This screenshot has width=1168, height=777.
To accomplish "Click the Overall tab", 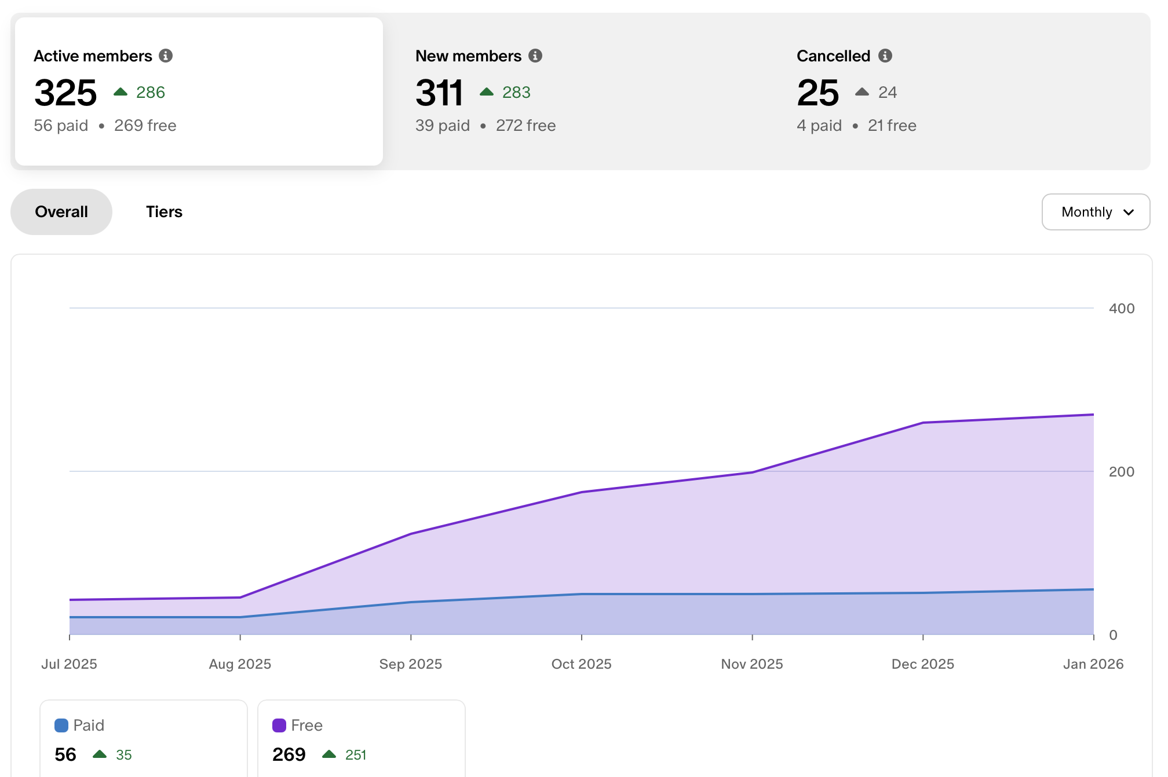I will [x=61, y=212].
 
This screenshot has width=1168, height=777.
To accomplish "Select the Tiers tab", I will [x=164, y=212].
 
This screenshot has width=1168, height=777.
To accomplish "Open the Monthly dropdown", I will [x=1096, y=212].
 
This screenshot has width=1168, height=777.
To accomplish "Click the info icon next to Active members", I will [x=166, y=56].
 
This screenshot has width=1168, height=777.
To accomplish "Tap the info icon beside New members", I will [x=535, y=56].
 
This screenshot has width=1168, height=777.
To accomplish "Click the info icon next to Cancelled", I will [x=885, y=56].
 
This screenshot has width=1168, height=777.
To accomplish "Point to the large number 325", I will [x=65, y=93].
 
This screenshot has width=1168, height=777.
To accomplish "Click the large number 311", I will [x=439, y=93].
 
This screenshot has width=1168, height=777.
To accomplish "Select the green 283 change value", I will [x=516, y=93].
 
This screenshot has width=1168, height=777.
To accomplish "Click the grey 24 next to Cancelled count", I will [x=887, y=93].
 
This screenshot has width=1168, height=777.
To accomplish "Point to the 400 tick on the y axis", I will [x=1121, y=309].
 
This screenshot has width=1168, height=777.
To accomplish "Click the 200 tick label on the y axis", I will [x=1121, y=472].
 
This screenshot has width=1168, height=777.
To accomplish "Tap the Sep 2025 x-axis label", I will [x=410, y=664].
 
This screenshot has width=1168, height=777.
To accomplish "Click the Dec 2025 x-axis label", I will [x=922, y=664].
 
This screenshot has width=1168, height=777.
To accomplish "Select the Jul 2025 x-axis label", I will [x=69, y=664].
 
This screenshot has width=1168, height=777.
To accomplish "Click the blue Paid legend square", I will [x=61, y=725].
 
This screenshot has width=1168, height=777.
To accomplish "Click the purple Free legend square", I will [x=279, y=725].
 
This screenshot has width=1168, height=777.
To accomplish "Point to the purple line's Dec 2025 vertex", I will [x=923, y=423].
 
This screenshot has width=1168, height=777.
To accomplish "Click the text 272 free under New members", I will [x=525, y=126].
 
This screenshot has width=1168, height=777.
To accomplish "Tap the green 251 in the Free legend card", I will [x=356, y=755].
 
